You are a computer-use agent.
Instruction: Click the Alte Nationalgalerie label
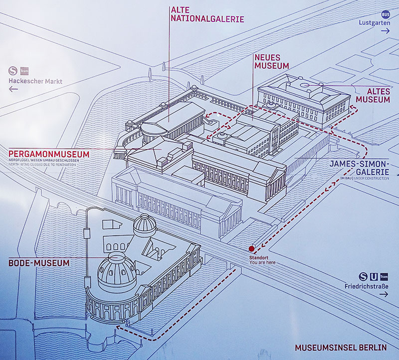click(207, 14)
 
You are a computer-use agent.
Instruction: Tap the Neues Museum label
click(272, 61)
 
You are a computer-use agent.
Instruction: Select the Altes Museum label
click(373, 95)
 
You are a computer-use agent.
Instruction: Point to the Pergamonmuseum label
click(49, 154)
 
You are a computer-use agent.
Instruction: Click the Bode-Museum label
click(39, 263)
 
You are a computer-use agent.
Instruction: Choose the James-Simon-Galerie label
click(359, 168)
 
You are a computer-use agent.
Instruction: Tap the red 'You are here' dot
click(252, 249)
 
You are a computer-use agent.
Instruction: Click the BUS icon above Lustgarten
click(386, 14)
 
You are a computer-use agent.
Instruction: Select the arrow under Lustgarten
click(385, 31)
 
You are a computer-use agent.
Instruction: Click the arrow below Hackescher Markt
click(13, 89)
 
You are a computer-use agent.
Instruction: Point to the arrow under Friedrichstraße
click(384, 294)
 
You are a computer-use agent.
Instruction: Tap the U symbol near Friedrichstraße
click(374, 277)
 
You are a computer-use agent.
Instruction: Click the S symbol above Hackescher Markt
click(13, 70)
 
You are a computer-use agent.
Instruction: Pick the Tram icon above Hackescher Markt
click(24, 71)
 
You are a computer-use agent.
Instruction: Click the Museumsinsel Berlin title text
click(341, 348)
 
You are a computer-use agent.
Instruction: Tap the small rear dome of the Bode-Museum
click(145, 225)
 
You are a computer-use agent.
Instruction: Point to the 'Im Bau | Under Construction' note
click(365, 178)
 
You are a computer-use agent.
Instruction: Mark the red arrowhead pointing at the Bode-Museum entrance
click(118, 327)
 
